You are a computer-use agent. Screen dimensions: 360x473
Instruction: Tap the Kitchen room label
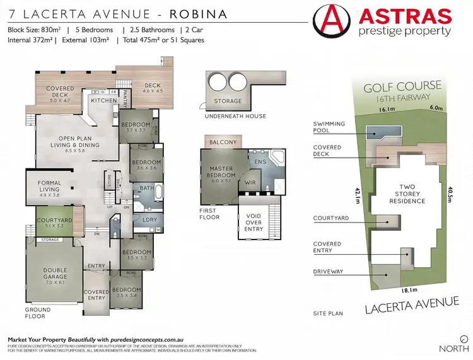[103, 100]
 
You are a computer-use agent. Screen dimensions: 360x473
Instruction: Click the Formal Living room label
[49, 187]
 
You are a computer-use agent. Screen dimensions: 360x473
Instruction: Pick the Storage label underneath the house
[228, 101]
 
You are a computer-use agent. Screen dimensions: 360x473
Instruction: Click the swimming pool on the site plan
[379, 131]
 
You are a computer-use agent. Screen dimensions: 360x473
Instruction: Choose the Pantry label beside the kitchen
[126, 99]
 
